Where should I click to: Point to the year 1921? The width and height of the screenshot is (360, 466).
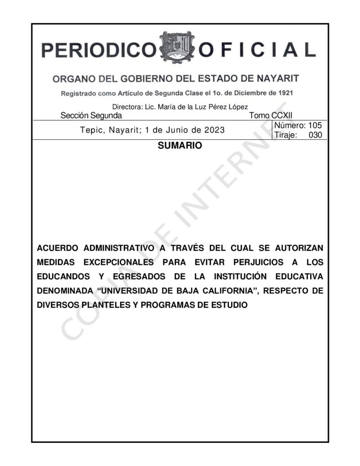click(x=283, y=93)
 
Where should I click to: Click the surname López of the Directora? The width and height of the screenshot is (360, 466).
click(x=237, y=107)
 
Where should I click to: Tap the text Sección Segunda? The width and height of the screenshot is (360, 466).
click(x=91, y=116)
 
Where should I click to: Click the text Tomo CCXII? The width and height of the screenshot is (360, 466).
click(x=271, y=116)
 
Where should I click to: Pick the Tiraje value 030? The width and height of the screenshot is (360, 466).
click(x=315, y=135)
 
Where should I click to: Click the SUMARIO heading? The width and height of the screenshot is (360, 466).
click(x=179, y=147)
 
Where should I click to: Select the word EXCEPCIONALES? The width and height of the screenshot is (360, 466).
click(x=119, y=263)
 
